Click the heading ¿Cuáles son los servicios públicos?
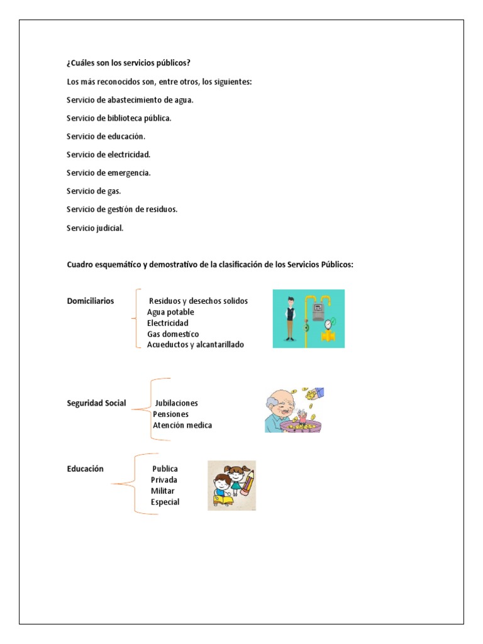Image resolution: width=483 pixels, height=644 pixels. [128, 64]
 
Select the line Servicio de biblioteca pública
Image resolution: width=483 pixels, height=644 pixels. [119, 118]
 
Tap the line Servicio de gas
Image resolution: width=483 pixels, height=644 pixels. [94, 191]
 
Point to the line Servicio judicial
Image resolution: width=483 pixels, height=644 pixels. [95, 228]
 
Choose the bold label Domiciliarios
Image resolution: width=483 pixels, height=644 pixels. [91, 301]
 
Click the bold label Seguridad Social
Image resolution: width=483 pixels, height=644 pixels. [96, 403]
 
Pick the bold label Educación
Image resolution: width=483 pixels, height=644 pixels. [86, 469]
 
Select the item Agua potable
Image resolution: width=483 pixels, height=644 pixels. [170, 313]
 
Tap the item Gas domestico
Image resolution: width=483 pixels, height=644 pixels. [173, 334]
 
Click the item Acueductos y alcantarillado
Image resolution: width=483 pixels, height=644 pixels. [196, 345]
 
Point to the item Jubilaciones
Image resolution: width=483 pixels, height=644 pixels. [176, 403]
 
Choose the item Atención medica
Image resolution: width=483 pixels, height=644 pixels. [182, 425]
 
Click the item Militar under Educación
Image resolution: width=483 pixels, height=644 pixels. [163, 491]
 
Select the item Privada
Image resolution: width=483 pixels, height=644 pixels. [164, 480]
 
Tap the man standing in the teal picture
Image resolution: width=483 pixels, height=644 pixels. [290, 318]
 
